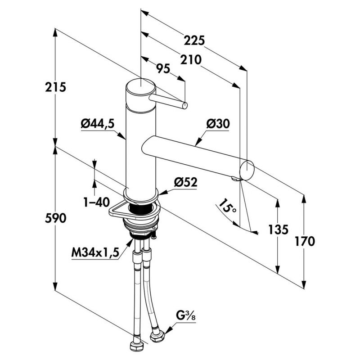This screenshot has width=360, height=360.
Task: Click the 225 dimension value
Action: pyautogui.click(x=195, y=40)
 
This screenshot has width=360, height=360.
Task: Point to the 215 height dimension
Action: pyautogui.click(x=58, y=87)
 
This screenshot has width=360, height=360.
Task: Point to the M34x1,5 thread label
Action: pyautogui.click(x=94, y=253)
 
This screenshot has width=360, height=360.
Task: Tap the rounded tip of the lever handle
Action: pyautogui.click(x=184, y=106)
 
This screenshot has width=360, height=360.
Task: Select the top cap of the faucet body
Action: pyautogui.click(x=139, y=87)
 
